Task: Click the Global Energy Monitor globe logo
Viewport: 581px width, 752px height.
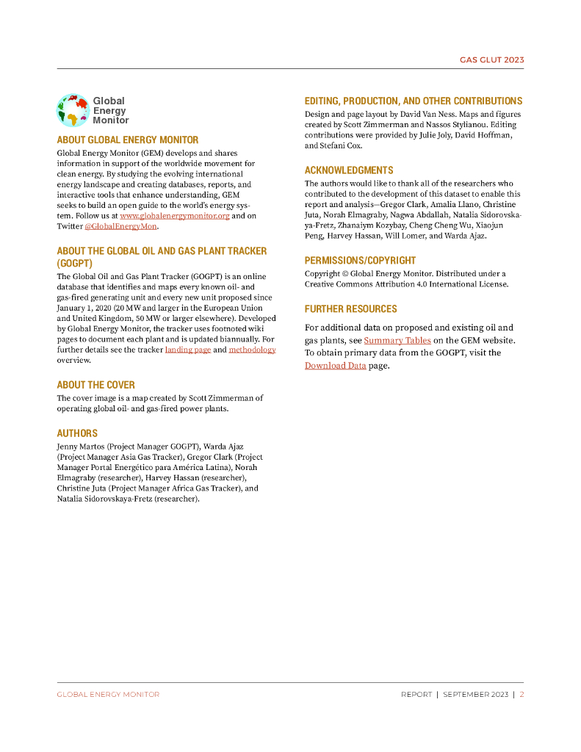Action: coord(72,110)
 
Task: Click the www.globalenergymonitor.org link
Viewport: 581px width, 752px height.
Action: coord(175,216)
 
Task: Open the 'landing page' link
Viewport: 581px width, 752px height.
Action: coord(188,350)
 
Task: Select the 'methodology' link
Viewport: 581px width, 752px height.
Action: coord(252,350)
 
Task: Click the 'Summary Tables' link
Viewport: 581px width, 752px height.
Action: coord(397,340)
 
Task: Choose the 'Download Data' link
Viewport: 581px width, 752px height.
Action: coord(335,365)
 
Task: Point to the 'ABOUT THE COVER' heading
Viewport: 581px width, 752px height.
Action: coord(96,385)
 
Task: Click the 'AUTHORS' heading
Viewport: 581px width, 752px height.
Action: coord(77,433)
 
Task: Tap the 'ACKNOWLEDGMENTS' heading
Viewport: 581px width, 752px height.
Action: coord(349,170)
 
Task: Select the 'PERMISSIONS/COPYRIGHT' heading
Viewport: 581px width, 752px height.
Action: coord(360,260)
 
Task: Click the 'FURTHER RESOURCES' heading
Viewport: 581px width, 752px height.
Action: coord(351,308)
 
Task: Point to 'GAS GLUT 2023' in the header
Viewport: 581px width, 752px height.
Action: coord(491,60)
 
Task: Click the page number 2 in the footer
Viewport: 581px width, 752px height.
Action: coord(522,694)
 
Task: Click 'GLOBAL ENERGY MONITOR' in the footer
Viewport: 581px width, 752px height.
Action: coord(108,694)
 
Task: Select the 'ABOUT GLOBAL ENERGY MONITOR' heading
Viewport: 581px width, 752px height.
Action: coord(128,140)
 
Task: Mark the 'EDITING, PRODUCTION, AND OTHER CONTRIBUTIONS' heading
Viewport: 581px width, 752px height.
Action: coord(414,101)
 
